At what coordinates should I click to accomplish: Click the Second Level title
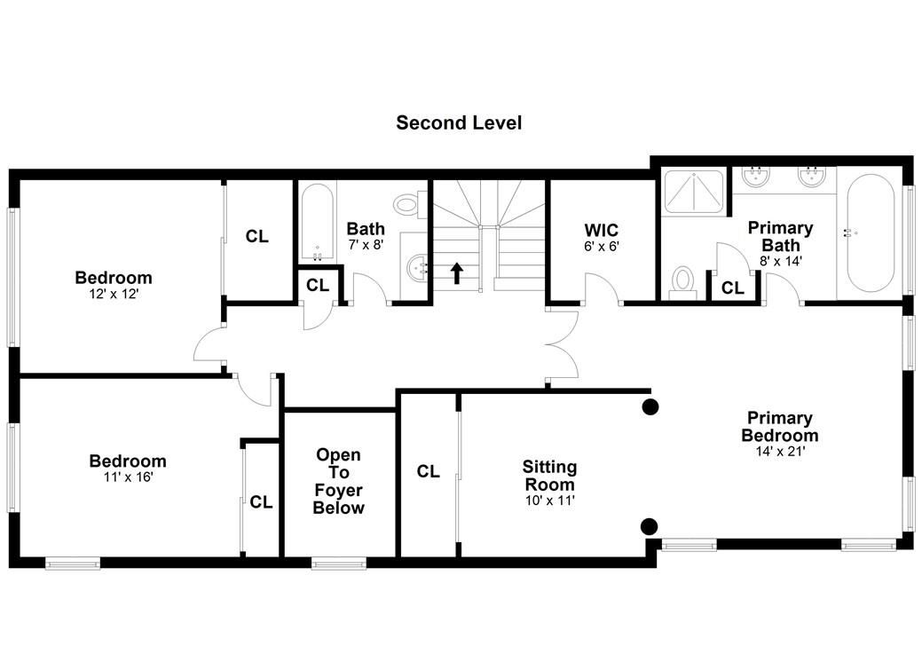click(x=459, y=122)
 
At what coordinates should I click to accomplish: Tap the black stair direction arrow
click(x=457, y=273)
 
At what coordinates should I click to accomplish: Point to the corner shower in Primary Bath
click(x=694, y=191)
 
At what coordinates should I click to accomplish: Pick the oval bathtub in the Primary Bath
click(x=870, y=233)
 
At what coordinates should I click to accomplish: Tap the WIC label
click(x=601, y=230)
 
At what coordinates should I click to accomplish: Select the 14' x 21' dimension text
click(x=780, y=451)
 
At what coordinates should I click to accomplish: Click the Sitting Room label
click(x=550, y=476)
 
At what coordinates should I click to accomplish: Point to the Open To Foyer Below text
click(x=339, y=481)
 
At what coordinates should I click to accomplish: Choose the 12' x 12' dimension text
click(x=114, y=294)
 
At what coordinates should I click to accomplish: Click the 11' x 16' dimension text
click(x=128, y=477)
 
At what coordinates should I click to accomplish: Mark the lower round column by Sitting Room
click(x=650, y=526)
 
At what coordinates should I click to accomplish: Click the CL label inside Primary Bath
click(x=733, y=288)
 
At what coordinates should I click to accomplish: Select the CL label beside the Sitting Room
click(x=428, y=471)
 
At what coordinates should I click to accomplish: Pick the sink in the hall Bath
click(x=417, y=269)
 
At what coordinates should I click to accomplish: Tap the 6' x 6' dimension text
click(x=602, y=247)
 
